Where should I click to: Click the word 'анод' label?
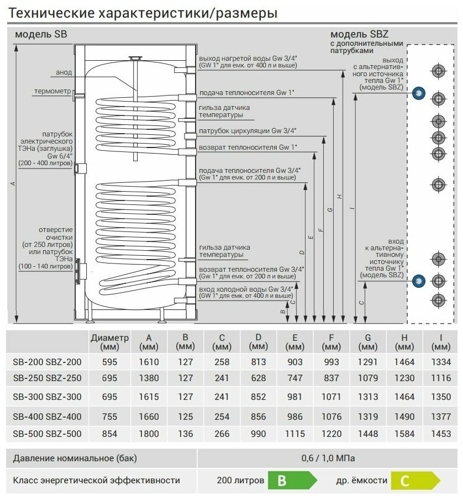[64, 72]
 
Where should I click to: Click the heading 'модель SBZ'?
[351, 34]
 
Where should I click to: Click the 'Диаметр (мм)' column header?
[109, 342]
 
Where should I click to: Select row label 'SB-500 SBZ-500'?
[47, 434]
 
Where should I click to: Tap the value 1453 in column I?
[440, 434]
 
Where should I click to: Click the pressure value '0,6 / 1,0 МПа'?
[328, 458]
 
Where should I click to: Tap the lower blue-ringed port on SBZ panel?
[418, 281]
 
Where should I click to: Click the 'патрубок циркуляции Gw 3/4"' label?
[248, 131]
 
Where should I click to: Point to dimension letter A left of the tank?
[13, 184]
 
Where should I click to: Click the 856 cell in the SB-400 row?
[257, 415]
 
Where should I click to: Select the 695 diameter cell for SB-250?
[109, 378]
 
